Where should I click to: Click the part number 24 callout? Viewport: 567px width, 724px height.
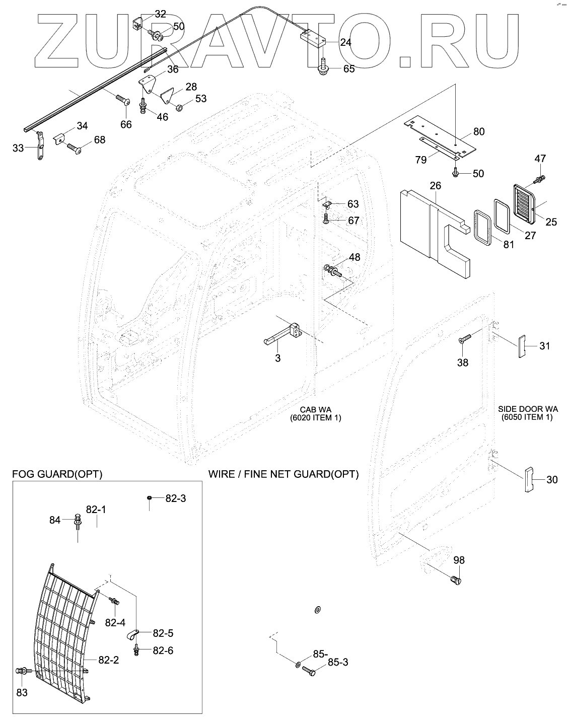click(x=345, y=42)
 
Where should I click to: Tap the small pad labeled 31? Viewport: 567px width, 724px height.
click(x=523, y=346)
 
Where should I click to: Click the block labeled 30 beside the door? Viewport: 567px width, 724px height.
click(x=528, y=479)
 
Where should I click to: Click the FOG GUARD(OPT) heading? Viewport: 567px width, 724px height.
click(x=57, y=474)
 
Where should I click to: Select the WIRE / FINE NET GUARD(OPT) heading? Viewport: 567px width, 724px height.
click(x=283, y=474)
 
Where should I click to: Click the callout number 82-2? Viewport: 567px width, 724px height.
click(x=108, y=660)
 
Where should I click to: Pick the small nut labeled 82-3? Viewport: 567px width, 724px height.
click(x=150, y=498)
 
